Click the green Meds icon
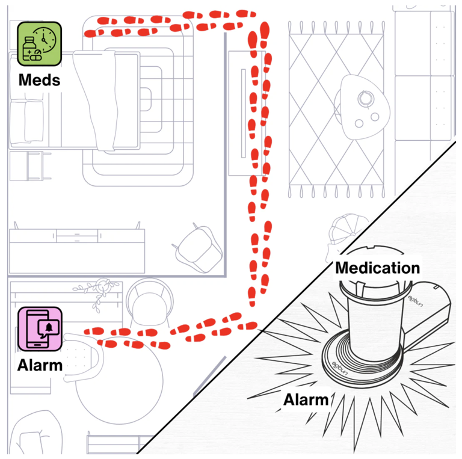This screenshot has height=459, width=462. tap(39, 43)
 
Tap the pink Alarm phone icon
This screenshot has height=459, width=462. tap(39, 328)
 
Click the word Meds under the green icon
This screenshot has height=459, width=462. tap(39, 79)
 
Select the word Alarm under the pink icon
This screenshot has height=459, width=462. tap(40, 365)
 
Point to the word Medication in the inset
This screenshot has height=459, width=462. tap(377, 268)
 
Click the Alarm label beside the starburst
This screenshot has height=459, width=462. tap(306, 399)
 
